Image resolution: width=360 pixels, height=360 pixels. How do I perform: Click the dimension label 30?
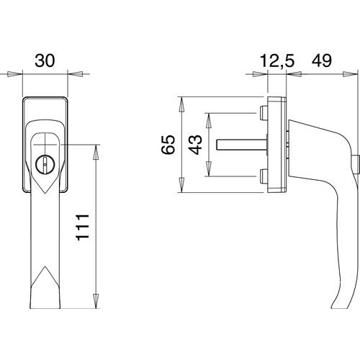[x=45, y=60]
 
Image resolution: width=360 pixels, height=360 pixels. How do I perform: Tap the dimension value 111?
[x=83, y=227]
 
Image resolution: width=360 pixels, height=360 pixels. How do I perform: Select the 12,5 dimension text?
[x=277, y=60]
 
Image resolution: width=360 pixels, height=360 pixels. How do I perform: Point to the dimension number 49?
[x=322, y=60]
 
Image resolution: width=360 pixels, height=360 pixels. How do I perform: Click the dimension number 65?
[x=168, y=144]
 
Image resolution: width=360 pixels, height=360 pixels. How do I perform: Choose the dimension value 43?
[x=195, y=145]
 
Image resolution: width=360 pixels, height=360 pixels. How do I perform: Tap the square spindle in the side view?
[x=241, y=145]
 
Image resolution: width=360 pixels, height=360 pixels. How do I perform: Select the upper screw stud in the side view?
[x=264, y=113]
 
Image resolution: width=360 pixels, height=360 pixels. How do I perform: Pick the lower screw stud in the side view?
[x=264, y=176]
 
